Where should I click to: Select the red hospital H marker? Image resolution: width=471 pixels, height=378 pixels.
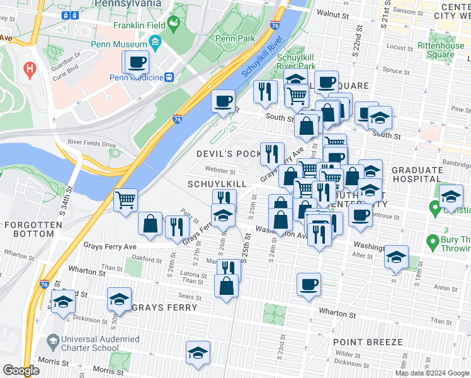pos(28,69)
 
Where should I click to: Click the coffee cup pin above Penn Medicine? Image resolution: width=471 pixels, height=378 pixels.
pos(137,63)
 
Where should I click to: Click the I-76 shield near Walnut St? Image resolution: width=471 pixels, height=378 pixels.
pos(275,25)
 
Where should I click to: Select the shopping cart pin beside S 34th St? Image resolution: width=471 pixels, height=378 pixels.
pos(126,201)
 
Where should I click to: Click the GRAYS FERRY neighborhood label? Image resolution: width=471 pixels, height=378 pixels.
pos(165,307)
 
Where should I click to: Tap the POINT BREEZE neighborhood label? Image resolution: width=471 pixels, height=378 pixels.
pos(368,341)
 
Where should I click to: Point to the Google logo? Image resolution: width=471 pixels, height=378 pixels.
pos(21,370)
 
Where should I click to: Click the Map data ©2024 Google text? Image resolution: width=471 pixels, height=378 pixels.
pos(432,373)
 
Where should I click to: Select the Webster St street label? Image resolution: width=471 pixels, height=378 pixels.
pos(220,170)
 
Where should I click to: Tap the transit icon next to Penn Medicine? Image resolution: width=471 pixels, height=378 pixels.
pos(169,77)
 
